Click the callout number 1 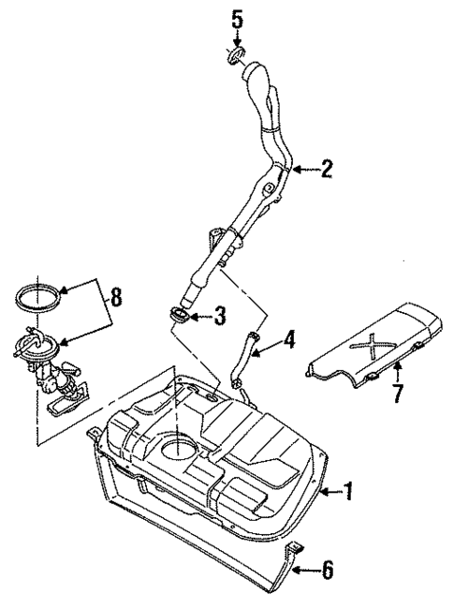tap(348, 490)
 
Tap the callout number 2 tap(325, 169)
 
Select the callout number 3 tap(219, 316)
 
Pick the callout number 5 tap(237, 18)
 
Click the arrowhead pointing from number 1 tap(323, 490)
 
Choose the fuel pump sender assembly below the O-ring tap(51, 365)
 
